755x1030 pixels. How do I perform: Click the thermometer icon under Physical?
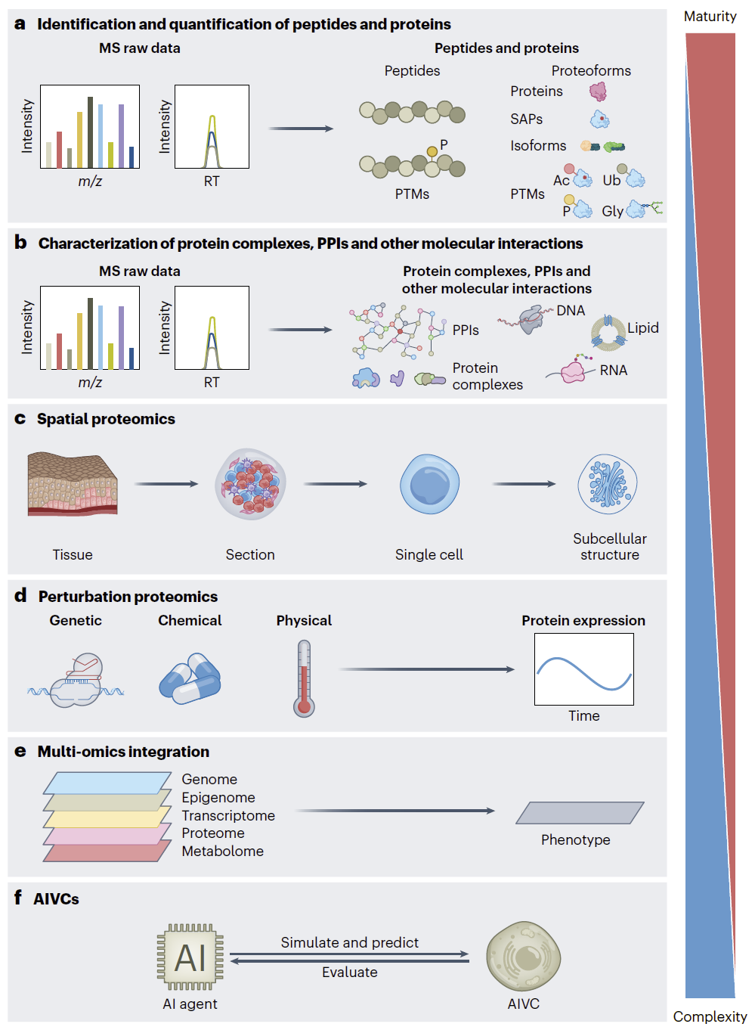[x=304, y=678]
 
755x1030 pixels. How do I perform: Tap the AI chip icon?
[x=190, y=958]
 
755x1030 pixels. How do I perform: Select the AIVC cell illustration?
[x=524, y=956]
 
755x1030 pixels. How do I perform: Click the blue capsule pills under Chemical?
[x=190, y=678]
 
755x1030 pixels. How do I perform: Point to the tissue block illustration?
[x=73, y=484]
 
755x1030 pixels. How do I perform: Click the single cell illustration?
[x=430, y=484]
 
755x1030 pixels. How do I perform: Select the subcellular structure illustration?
[x=608, y=484]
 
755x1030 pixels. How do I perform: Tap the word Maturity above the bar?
[x=710, y=17]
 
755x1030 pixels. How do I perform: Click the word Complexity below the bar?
[x=710, y=1016]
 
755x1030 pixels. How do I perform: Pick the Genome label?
[x=209, y=780]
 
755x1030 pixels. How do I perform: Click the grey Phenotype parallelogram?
[x=580, y=813]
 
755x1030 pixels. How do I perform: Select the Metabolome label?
[x=223, y=851]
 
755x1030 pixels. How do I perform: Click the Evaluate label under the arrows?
[x=350, y=972]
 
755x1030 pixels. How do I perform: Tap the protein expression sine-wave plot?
[x=584, y=669]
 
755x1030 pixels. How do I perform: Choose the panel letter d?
[x=20, y=595]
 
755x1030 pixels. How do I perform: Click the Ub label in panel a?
[x=611, y=180]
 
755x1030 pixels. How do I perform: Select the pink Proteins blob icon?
[x=598, y=92]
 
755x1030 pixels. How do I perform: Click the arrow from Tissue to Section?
[x=166, y=484]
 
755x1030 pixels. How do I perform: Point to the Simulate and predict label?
[x=350, y=942]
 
